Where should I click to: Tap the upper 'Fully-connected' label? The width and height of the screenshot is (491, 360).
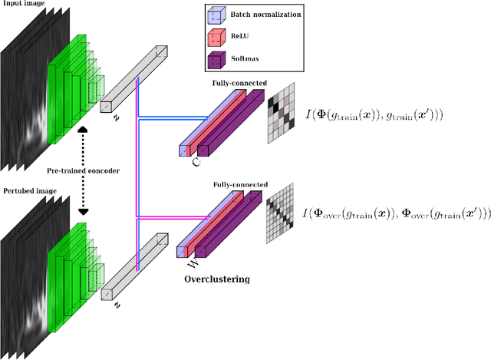239,82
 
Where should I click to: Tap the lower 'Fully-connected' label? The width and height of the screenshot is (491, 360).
239,184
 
